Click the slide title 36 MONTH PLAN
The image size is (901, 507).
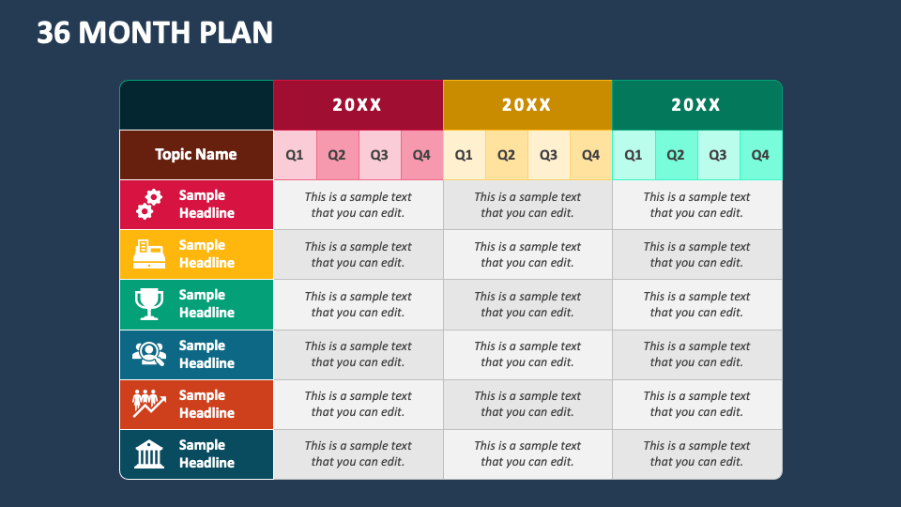[155, 33]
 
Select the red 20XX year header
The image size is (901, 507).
[358, 105]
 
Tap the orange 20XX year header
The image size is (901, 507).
[527, 105]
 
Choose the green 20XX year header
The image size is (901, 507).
[696, 105]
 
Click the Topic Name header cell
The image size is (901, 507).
[196, 155]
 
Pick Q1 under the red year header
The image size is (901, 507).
[295, 155]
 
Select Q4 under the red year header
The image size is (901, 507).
[421, 155]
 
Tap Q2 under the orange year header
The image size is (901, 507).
[506, 155]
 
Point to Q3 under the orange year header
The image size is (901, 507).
[548, 155]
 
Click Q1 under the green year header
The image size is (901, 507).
[634, 155]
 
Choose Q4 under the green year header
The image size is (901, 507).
[760, 155]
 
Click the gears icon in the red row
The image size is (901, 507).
[149, 204]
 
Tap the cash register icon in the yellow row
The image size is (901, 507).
[149, 253]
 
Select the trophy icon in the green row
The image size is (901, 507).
[149, 303]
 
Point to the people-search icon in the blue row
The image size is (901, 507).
[149, 354]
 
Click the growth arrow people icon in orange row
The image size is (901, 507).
[149, 404]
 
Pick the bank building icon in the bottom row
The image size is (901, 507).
[149, 454]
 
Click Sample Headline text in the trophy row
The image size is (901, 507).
[206, 303]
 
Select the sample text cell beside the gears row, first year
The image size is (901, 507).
[358, 205]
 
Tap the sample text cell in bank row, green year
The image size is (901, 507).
[696, 453]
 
